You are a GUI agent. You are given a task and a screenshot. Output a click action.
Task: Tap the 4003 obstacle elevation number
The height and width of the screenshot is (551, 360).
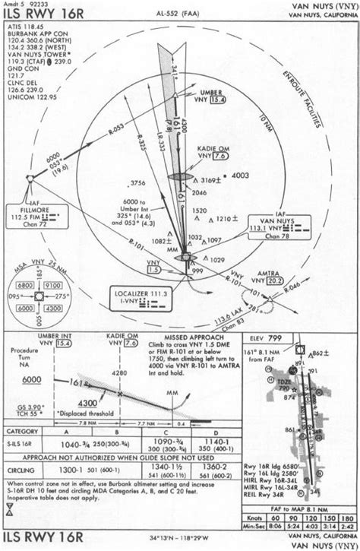pyautogui.click(x=240, y=176)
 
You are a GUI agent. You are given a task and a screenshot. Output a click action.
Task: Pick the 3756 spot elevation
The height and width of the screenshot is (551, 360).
pyautogui.click(x=137, y=183)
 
